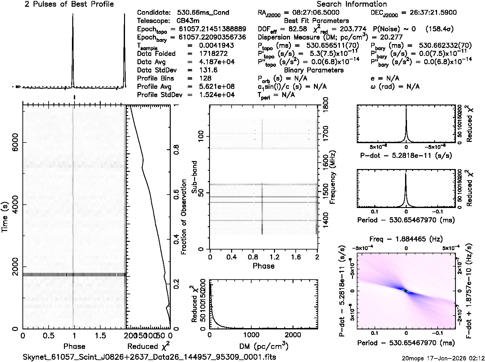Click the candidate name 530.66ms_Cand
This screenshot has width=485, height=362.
(x=203, y=13)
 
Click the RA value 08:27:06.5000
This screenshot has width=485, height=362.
(x=312, y=13)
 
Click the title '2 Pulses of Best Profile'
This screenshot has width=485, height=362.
(x=69, y=4)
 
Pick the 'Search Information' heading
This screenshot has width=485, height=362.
(x=352, y=4)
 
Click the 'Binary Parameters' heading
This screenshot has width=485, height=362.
(x=314, y=70)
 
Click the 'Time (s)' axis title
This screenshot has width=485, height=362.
(x=5, y=217)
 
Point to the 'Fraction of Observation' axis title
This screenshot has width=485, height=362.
(x=184, y=217)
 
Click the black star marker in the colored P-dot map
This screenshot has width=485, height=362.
(x=406, y=291)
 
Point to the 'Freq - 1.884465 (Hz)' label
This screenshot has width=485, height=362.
(x=406, y=239)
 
